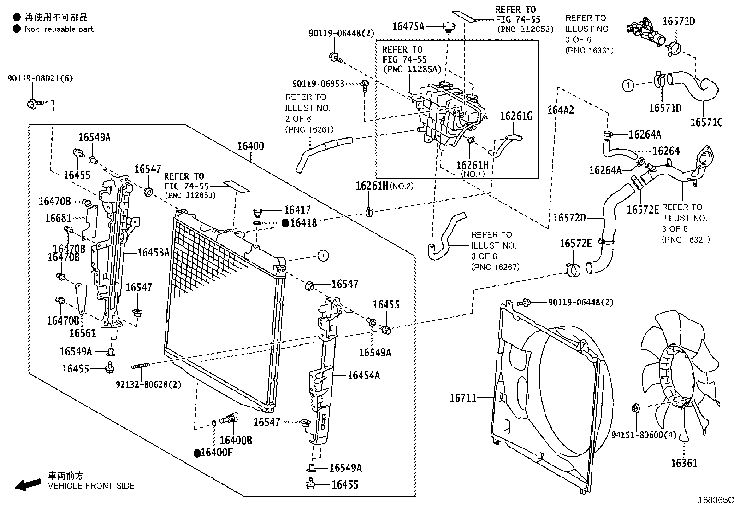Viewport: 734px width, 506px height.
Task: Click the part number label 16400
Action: tap(250, 146)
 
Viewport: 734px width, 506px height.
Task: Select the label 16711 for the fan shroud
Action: tap(463, 398)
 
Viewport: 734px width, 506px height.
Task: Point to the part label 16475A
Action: tap(408, 26)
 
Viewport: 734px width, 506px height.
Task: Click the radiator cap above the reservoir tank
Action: tap(447, 26)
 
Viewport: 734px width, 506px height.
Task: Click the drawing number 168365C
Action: tap(715, 500)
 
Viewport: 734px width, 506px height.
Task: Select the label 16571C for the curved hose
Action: tap(706, 122)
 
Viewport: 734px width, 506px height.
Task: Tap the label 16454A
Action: tap(363, 376)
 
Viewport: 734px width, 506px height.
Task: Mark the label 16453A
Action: tap(154, 252)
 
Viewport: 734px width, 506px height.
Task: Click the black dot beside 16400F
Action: tap(197, 453)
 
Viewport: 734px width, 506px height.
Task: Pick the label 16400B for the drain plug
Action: tap(236, 441)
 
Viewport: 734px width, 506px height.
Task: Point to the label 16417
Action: tap(297, 210)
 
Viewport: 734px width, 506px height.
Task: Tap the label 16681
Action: tap(58, 218)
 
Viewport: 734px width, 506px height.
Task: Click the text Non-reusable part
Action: tap(59, 29)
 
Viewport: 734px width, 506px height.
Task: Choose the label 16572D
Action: tap(569, 218)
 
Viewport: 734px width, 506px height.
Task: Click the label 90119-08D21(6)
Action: tap(40, 79)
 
